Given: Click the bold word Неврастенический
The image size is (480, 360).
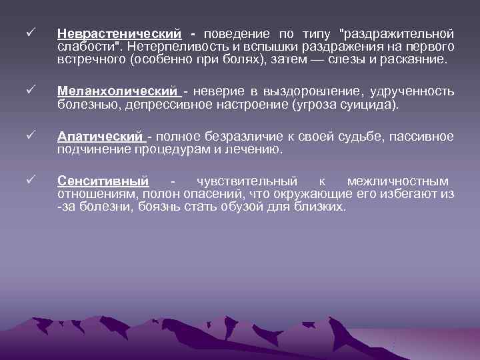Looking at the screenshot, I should click(x=119, y=33).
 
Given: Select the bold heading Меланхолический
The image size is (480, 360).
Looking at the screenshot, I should click(x=118, y=91).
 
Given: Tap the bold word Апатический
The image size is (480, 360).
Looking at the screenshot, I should click(x=101, y=137).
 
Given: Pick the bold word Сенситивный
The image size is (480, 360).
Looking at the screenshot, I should click(x=103, y=181).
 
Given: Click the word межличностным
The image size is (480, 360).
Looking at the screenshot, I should click(x=398, y=181).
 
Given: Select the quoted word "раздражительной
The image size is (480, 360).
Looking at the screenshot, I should click(x=397, y=33).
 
